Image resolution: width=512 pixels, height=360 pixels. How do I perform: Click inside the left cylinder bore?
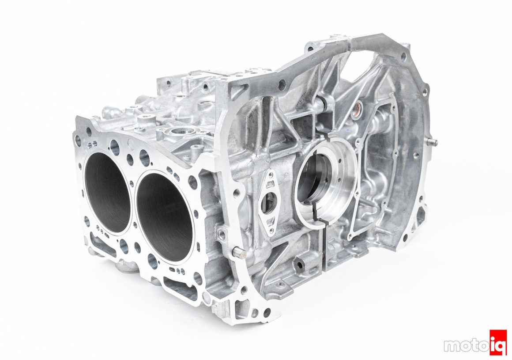point(107,192)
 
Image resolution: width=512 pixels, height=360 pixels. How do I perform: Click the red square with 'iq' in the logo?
point(498,343)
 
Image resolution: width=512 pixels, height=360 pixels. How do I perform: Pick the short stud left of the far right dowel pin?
point(416,155)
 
